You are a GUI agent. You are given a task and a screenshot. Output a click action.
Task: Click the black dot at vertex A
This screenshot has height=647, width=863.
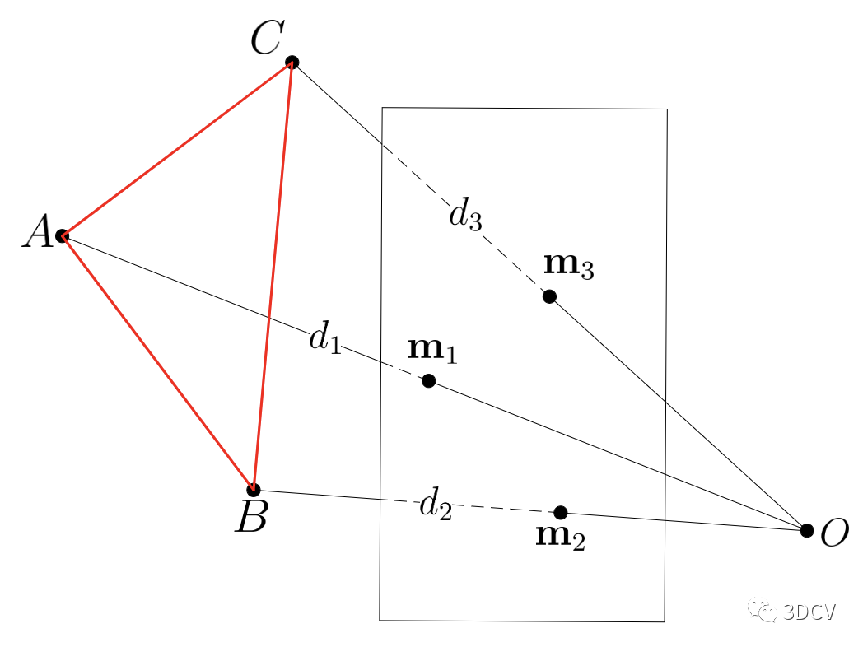click(62, 236)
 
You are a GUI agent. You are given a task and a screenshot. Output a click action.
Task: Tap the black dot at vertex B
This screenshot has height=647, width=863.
click(254, 490)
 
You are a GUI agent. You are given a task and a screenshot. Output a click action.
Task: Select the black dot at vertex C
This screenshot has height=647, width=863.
click(292, 63)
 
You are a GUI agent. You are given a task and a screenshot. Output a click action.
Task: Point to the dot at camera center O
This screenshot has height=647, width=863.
click(807, 530)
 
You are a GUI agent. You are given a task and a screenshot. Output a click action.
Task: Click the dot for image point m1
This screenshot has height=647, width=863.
click(428, 380)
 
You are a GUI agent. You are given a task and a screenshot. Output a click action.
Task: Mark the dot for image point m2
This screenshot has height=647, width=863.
click(561, 512)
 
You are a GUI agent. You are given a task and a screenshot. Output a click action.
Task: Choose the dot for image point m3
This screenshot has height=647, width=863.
click(549, 296)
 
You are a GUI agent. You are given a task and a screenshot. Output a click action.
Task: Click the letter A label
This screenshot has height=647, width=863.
click(37, 234)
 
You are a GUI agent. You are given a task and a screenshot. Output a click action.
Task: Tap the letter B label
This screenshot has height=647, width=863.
click(250, 519)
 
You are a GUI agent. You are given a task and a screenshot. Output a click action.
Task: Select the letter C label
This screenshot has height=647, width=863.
click(268, 39)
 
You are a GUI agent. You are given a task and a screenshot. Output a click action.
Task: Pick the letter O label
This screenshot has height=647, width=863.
click(834, 535)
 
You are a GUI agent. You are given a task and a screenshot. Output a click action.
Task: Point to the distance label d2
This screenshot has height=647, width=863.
click(435, 504)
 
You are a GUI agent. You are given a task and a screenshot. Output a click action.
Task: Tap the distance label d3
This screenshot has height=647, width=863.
click(464, 215)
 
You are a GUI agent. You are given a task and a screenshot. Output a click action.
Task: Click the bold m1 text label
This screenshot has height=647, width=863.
click(432, 350)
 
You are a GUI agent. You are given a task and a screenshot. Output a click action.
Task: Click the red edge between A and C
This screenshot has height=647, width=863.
click(177, 150)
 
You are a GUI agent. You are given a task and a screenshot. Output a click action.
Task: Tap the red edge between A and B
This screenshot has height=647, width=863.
click(157, 363)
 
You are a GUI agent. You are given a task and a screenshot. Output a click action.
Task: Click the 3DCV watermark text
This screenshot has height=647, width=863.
click(797, 612)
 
